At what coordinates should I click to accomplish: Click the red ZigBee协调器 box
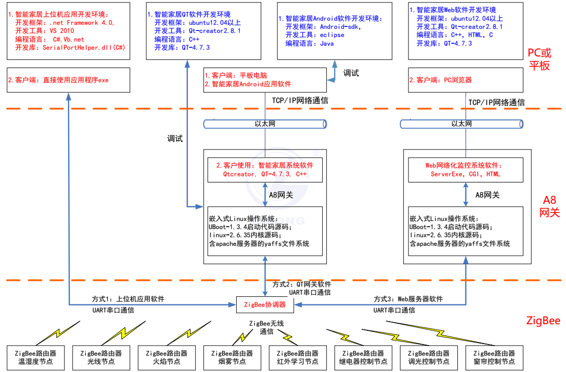coord(265,305)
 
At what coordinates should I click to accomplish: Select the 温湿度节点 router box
coord(35,357)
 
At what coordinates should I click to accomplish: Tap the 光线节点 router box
coord(101,357)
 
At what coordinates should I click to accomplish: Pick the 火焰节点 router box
coord(167,357)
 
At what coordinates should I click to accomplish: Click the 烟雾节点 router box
coord(232,357)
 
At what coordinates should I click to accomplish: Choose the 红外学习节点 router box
coord(298,357)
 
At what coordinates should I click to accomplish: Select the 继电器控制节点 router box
coord(363,357)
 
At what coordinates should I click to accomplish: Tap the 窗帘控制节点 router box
coord(494,357)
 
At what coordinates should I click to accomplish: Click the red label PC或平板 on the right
coord(539,59)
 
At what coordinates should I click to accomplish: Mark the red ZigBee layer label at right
coord(543,321)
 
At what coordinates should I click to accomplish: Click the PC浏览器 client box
coord(465,80)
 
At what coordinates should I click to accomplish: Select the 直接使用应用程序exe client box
coord(68,80)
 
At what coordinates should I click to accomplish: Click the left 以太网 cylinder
coord(265,123)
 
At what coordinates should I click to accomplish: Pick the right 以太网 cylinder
coord(461,123)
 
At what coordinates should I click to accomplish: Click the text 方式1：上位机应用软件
coord(128,299)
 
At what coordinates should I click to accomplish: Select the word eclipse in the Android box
coord(332,35)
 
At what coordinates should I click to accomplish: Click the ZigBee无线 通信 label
coord(266,327)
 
